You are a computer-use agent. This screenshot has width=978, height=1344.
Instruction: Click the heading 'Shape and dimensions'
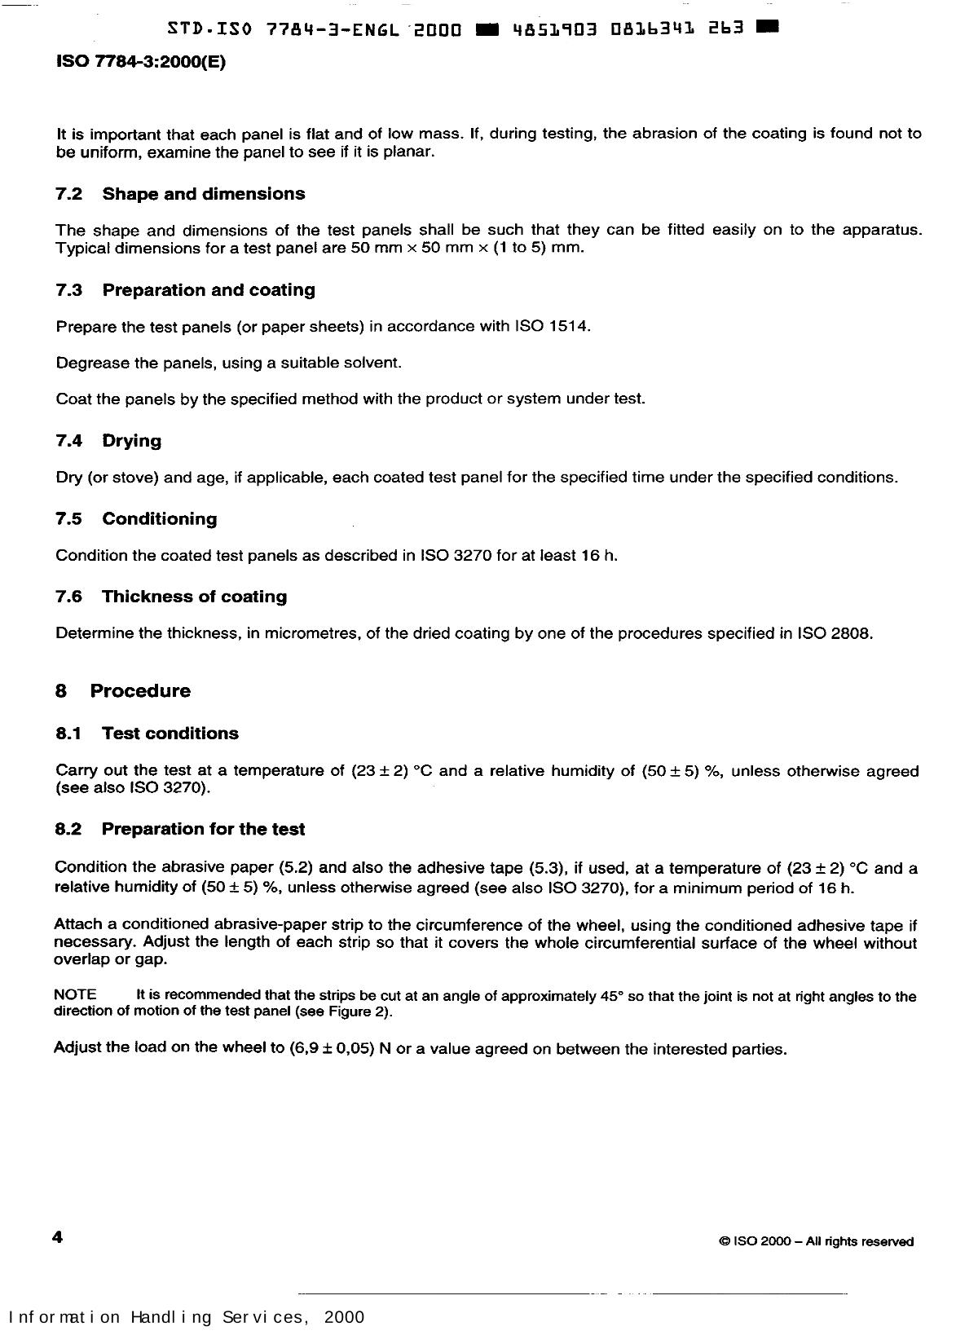coord(203,194)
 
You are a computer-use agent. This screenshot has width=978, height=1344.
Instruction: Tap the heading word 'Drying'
coord(131,441)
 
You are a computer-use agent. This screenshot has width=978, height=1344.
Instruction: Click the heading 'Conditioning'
coord(159,519)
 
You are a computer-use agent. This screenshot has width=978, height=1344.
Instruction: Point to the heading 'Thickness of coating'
coord(194,597)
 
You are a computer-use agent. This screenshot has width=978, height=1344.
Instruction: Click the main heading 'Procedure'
coord(140,691)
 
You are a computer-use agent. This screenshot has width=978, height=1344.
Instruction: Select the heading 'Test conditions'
coord(170,734)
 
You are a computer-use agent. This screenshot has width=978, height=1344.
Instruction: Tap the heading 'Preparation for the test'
coord(203,830)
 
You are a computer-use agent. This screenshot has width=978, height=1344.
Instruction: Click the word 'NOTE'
coord(75,994)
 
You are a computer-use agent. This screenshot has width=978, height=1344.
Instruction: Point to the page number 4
coord(57,1238)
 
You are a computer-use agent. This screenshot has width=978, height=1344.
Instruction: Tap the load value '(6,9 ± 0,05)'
coord(331,1049)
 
